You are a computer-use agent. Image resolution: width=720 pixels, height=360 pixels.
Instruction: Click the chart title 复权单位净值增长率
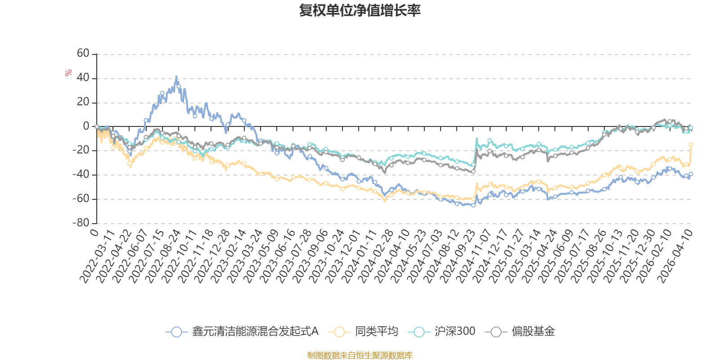point(360,10)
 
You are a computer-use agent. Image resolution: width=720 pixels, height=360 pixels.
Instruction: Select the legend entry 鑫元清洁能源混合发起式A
point(242,331)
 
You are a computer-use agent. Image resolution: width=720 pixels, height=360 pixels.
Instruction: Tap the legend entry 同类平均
point(363,331)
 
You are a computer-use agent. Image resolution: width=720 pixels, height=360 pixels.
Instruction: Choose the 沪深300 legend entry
point(441,331)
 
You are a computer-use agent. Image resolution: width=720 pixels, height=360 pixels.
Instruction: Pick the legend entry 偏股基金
point(520,331)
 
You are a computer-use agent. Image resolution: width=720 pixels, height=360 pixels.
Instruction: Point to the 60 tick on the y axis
point(83,54)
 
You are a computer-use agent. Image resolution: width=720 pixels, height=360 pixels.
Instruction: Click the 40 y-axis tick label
point(83,78)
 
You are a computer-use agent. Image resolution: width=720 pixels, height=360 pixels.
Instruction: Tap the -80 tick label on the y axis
point(81,223)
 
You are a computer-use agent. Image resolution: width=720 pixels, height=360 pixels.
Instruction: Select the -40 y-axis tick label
point(81,175)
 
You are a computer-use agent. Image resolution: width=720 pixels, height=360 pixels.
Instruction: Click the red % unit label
point(68,73)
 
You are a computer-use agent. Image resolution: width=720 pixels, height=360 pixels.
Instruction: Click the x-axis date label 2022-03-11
point(97,256)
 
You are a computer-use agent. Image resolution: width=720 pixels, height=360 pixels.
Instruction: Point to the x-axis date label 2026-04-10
point(675,256)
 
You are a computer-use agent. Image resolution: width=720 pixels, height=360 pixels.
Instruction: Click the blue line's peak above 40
point(176,76)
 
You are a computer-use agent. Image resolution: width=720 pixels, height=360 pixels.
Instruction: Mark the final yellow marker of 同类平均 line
point(691,144)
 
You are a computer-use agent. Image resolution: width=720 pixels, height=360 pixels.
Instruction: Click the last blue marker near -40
point(691,174)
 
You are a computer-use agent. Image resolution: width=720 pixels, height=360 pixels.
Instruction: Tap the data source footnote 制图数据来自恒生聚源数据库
point(360,355)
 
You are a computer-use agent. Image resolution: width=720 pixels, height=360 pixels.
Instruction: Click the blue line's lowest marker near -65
point(473,205)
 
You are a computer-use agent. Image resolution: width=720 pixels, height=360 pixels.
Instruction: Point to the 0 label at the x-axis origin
point(94,232)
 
